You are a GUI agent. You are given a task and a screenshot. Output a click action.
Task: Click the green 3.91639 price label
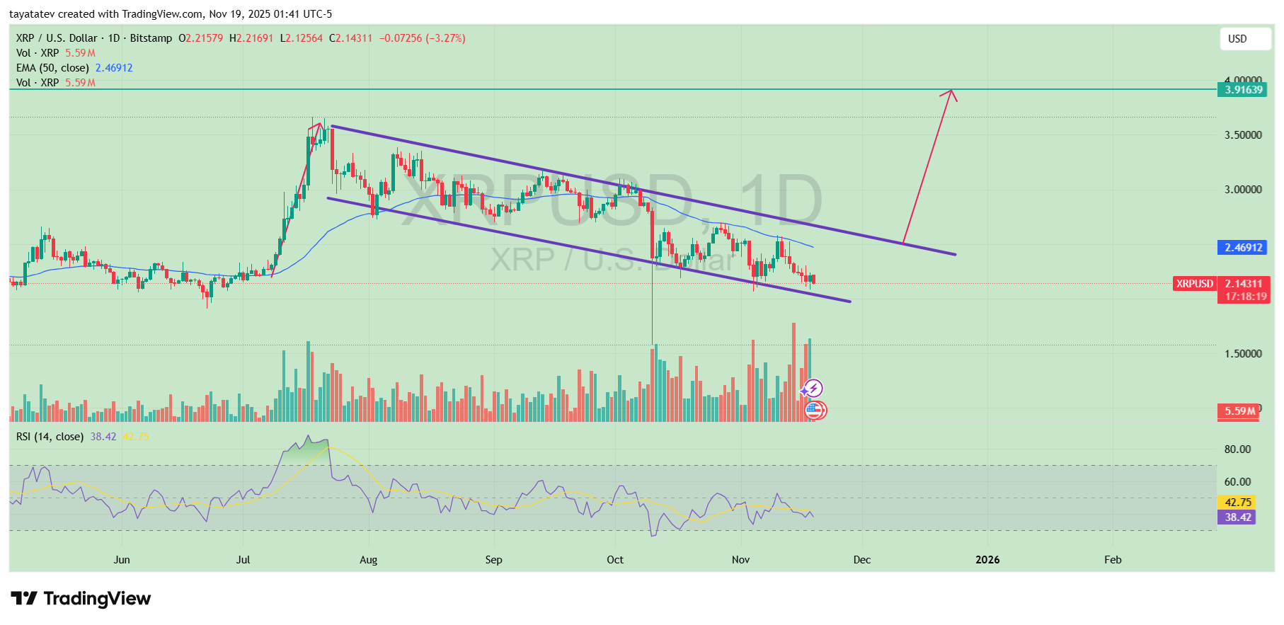[1244, 90]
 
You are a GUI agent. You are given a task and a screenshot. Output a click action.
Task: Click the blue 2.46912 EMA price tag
[1244, 248]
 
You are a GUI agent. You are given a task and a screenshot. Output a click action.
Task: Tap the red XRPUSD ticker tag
[1195, 284]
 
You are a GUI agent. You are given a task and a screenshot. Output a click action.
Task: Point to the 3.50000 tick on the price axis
[1243, 135]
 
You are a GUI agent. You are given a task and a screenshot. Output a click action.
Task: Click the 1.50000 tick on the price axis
[1243, 354]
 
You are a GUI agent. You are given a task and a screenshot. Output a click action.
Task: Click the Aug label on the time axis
[368, 560]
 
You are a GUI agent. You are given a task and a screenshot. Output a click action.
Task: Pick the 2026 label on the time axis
[987, 560]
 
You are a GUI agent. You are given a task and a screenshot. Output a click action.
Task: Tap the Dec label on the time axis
[861, 560]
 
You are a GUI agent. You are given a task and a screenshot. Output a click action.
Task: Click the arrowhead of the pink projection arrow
[951, 92]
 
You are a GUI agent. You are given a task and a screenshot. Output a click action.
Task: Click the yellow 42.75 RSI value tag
[1238, 503]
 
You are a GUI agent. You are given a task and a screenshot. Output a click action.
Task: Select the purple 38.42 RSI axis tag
[1238, 517]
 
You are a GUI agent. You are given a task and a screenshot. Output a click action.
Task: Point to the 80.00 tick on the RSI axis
[1237, 449]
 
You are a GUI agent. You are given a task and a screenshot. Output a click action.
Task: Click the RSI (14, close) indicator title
[50, 437]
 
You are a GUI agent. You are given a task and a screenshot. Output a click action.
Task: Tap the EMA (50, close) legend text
[52, 68]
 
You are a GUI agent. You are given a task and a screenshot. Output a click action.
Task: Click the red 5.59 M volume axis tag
[1239, 411]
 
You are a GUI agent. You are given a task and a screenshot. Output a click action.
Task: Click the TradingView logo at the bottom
[81, 599]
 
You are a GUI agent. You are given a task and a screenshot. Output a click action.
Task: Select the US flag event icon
[815, 410]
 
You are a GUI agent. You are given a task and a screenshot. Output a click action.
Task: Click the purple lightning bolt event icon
[813, 388]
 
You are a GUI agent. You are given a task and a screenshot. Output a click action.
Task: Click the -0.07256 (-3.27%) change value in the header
[422, 38]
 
